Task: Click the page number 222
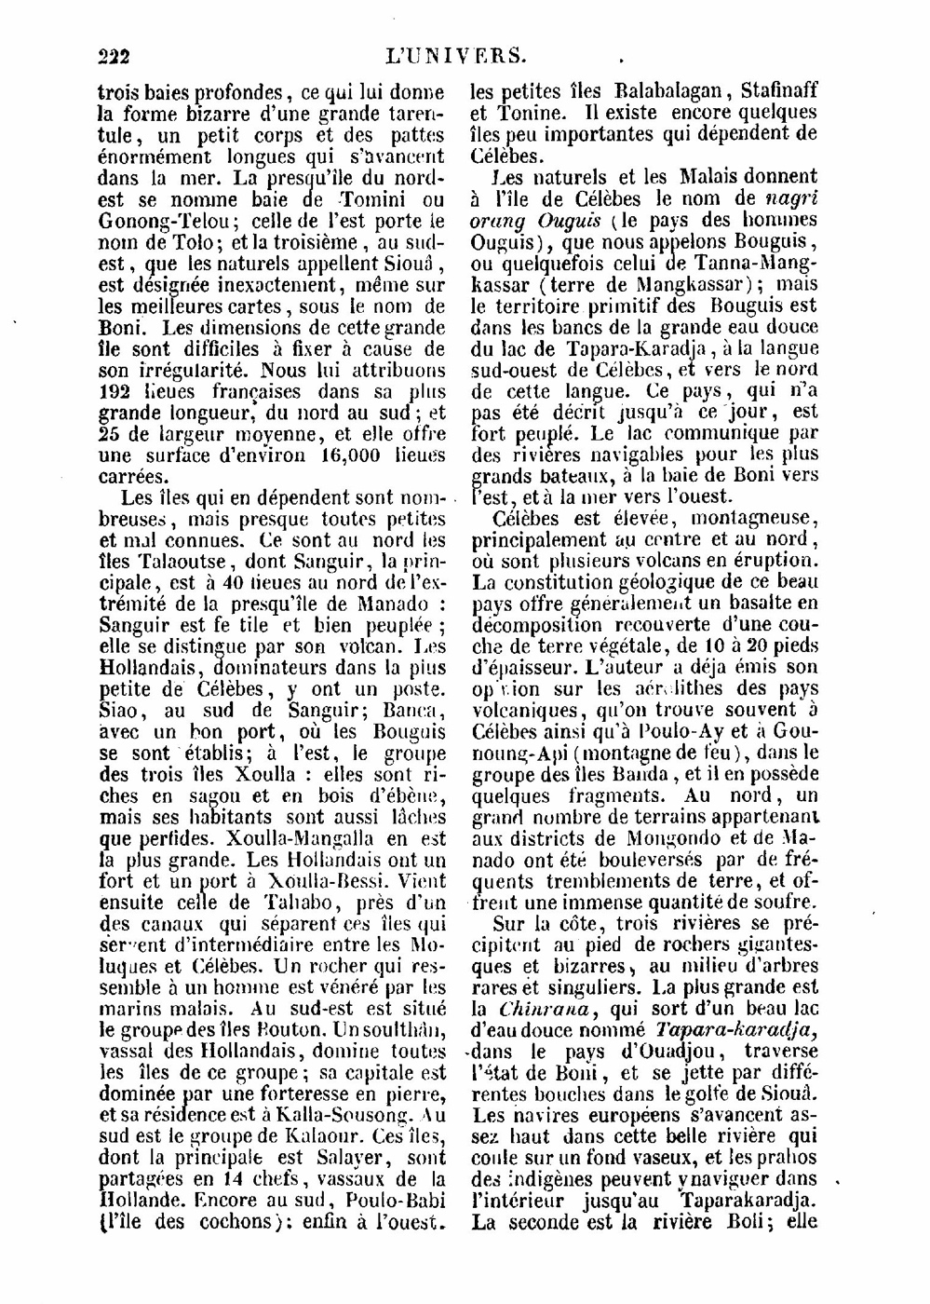coord(115,57)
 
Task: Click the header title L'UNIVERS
coord(456,56)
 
